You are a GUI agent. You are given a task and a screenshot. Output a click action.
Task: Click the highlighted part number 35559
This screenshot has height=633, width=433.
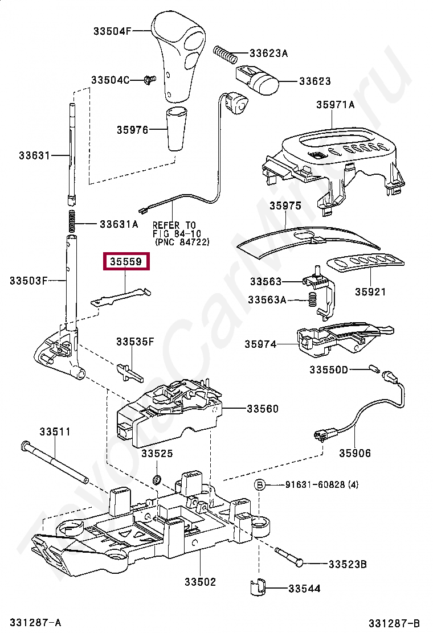(126, 261)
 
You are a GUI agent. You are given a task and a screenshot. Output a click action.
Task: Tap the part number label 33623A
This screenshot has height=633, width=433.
(268, 54)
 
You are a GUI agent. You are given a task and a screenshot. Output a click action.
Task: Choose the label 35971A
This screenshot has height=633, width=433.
(336, 104)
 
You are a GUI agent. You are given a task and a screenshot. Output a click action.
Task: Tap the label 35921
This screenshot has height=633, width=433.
(370, 292)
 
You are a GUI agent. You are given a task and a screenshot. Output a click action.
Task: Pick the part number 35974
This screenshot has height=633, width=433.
(260, 344)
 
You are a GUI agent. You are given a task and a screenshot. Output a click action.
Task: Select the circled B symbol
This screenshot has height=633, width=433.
(259, 485)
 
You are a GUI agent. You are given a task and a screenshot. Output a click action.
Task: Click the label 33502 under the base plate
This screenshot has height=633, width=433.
(200, 582)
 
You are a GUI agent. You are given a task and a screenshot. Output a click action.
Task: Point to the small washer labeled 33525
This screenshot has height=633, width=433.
(156, 476)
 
